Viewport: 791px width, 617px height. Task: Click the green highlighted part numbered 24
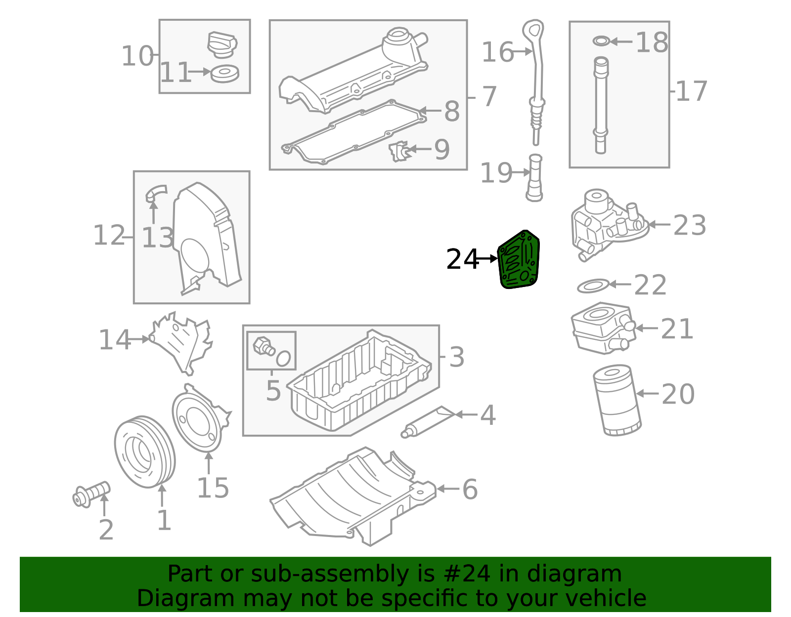pos(519,260)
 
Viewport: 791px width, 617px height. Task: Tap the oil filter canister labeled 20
pos(617,400)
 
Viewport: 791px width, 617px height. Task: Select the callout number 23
pos(689,226)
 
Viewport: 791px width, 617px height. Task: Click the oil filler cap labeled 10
pos(222,44)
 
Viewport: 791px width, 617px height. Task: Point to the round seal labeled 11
pos(224,73)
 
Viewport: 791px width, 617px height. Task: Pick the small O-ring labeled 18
pos(601,41)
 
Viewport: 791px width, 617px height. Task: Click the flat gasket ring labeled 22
pos(593,286)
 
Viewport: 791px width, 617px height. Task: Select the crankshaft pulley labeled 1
pos(144,452)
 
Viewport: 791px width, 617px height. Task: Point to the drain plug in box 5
pos(264,346)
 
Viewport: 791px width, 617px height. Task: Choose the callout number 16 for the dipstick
pos(497,52)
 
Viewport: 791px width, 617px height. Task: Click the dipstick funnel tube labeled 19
pos(534,178)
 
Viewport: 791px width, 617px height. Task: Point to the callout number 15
pos(213,488)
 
